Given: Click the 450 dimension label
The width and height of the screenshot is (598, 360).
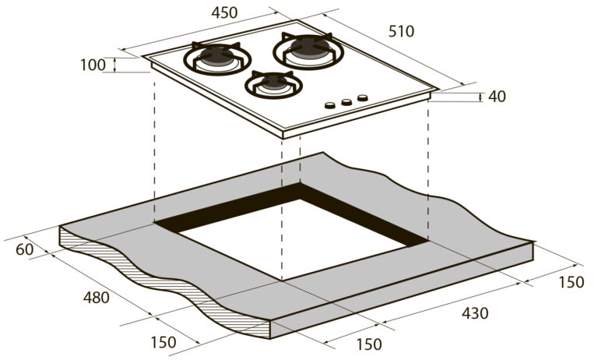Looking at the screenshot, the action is tap(224, 12).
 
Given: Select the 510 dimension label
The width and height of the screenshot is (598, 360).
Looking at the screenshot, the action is tap(401, 31).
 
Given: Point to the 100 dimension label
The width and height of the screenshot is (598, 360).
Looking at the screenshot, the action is tap(93, 65).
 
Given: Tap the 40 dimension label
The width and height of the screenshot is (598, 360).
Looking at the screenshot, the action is tap(497, 97).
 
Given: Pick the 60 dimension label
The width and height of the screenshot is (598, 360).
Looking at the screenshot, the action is tap(25, 249).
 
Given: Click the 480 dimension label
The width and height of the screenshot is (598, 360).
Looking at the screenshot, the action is tap(96, 298).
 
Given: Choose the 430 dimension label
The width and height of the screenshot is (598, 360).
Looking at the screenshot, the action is tap(475, 313).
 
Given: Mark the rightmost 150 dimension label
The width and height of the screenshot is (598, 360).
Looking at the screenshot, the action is tap(572, 282).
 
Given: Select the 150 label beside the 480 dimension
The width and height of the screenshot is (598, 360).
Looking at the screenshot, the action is tap(164, 342).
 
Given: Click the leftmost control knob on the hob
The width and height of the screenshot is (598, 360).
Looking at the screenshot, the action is tap(330, 105).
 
